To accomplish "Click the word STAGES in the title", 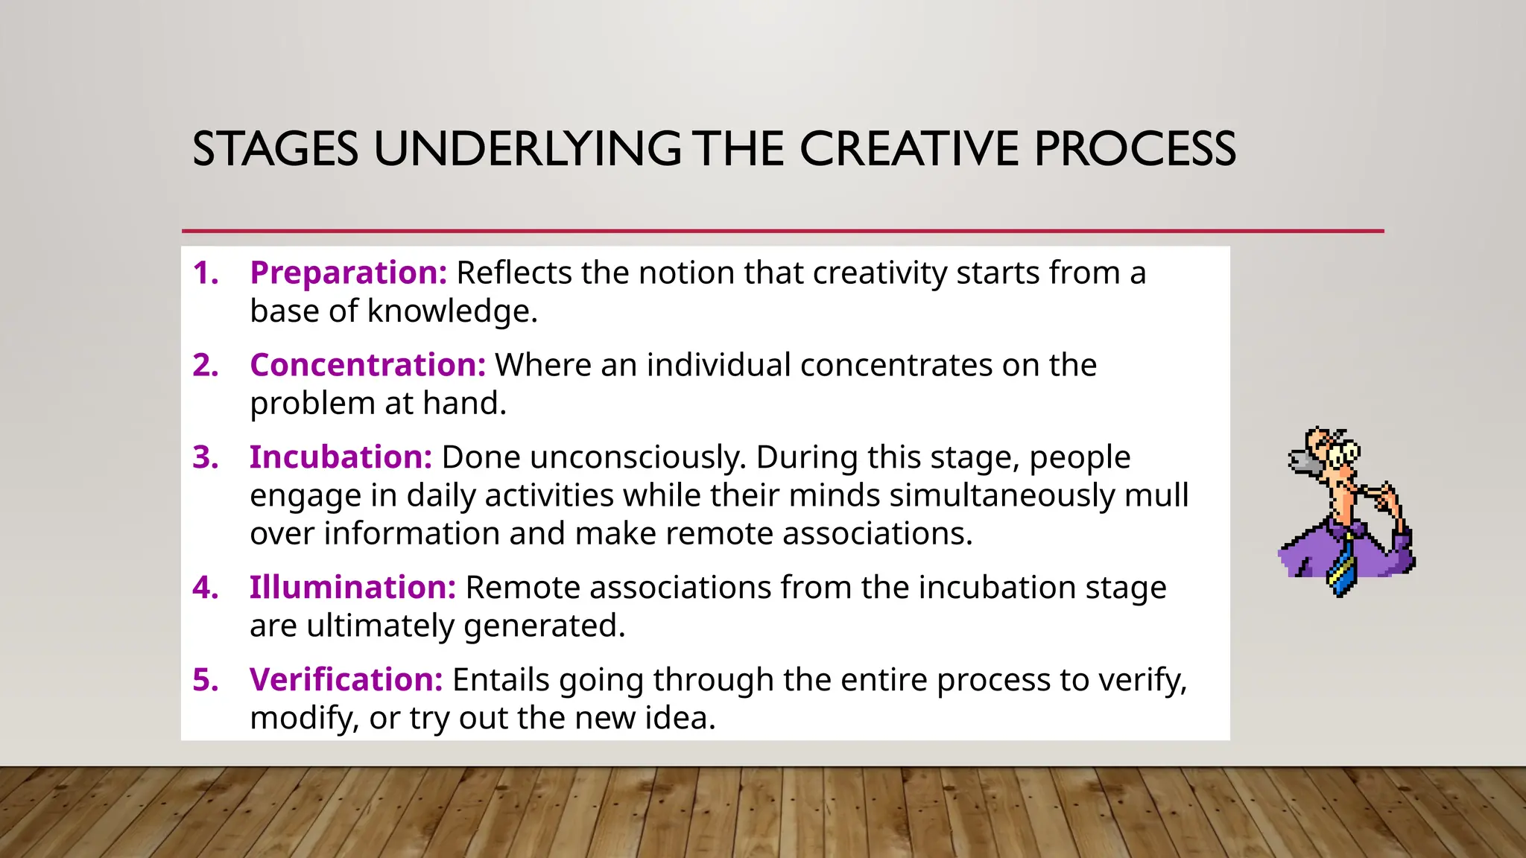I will (275, 149).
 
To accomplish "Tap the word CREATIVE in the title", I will (909, 149).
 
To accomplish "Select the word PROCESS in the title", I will (1135, 149).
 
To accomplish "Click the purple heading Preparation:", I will (348, 273).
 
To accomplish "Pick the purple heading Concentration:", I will (367, 365).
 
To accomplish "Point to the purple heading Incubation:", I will (341, 457).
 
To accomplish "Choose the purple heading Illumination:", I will (352, 588).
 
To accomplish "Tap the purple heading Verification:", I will (346, 680).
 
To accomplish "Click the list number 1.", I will (205, 273).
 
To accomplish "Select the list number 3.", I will (205, 457).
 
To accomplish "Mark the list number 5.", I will (205, 680).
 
